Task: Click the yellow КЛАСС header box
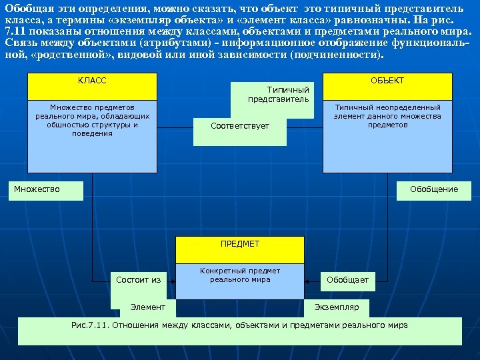(92, 87)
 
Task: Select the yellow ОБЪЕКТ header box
(387, 87)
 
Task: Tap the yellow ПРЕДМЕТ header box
(239, 249)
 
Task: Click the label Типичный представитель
(279, 95)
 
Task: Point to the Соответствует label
(240, 125)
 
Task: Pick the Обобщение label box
(434, 189)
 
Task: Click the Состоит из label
(138, 280)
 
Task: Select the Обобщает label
(347, 280)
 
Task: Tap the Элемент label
(147, 307)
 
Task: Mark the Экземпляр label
(337, 307)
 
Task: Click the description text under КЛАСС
(92, 120)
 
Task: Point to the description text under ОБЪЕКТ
(387, 116)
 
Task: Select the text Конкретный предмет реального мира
(240, 275)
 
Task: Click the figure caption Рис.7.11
(239, 325)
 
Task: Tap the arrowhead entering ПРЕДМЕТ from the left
(173, 280)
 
